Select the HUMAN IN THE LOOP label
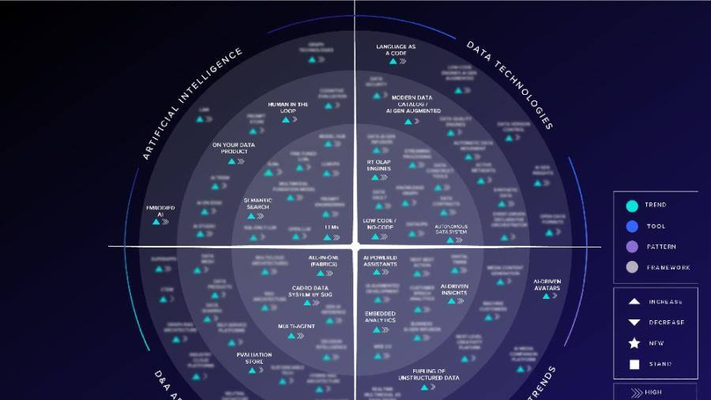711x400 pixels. (x=288, y=108)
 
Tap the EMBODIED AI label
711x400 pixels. (x=160, y=210)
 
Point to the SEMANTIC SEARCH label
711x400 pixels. (x=258, y=204)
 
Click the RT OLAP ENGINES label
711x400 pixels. (x=378, y=165)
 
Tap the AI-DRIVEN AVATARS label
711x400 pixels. (x=547, y=285)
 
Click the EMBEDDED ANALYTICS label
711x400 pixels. (x=380, y=317)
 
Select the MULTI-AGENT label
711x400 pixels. (x=296, y=326)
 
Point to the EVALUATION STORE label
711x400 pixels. (x=254, y=358)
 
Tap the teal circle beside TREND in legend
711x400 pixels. (x=632, y=206)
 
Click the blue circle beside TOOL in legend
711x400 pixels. (x=632, y=226)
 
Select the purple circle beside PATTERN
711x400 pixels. (x=632, y=247)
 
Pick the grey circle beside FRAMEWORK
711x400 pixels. (x=632, y=267)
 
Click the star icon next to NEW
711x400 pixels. (x=634, y=343)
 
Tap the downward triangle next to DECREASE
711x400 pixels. (x=634, y=323)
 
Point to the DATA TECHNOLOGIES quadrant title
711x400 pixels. (x=509, y=85)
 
